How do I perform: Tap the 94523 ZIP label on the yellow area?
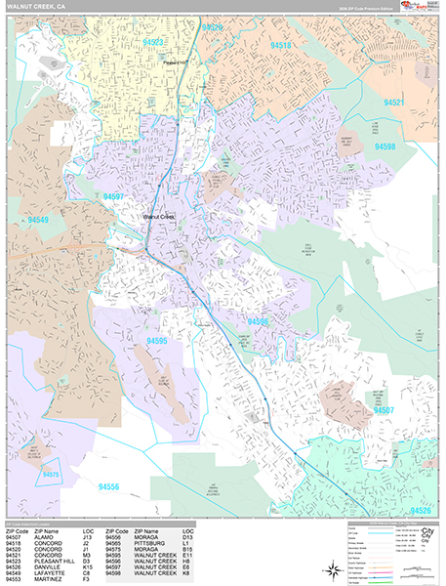tap(153, 43)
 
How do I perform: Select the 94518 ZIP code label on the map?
tap(281, 46)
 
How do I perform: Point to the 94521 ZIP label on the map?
tap(394, 102)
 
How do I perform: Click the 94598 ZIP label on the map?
tap(385, 146)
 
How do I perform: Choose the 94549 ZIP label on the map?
tap(39, 220)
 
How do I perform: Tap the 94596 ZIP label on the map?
tap(258, 321)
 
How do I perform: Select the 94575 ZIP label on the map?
tap(51, 476)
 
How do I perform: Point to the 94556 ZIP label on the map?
tap(108, 486)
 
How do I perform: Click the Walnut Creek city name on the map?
tap(157, 217)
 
